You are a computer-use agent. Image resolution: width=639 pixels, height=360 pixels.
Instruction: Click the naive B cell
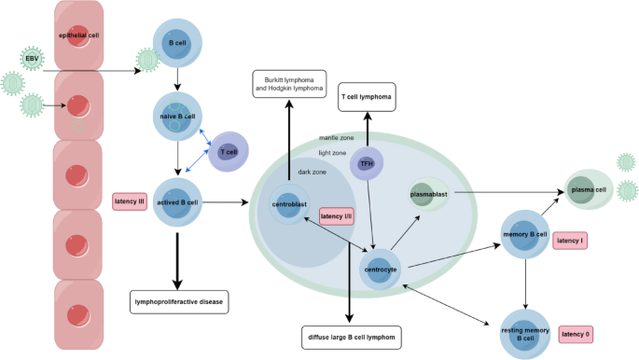click(176, 118)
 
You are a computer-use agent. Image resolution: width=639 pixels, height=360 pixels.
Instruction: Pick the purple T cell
click(227, 151)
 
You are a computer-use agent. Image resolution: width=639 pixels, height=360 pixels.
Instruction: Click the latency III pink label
click(131, 201)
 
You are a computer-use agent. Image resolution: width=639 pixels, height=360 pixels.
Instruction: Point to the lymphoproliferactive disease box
click(178, 302)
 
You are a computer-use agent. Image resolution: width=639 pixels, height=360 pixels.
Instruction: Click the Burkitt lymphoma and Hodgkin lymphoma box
click(288, 83)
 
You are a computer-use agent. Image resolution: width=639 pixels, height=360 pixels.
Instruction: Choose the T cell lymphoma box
click(367, 97)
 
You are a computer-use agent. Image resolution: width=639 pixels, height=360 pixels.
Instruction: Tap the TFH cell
click(367, 164)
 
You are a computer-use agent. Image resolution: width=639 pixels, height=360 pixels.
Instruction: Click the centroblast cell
click(289, 204)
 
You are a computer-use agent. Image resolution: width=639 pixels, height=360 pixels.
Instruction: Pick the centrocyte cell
click(380, 270)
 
